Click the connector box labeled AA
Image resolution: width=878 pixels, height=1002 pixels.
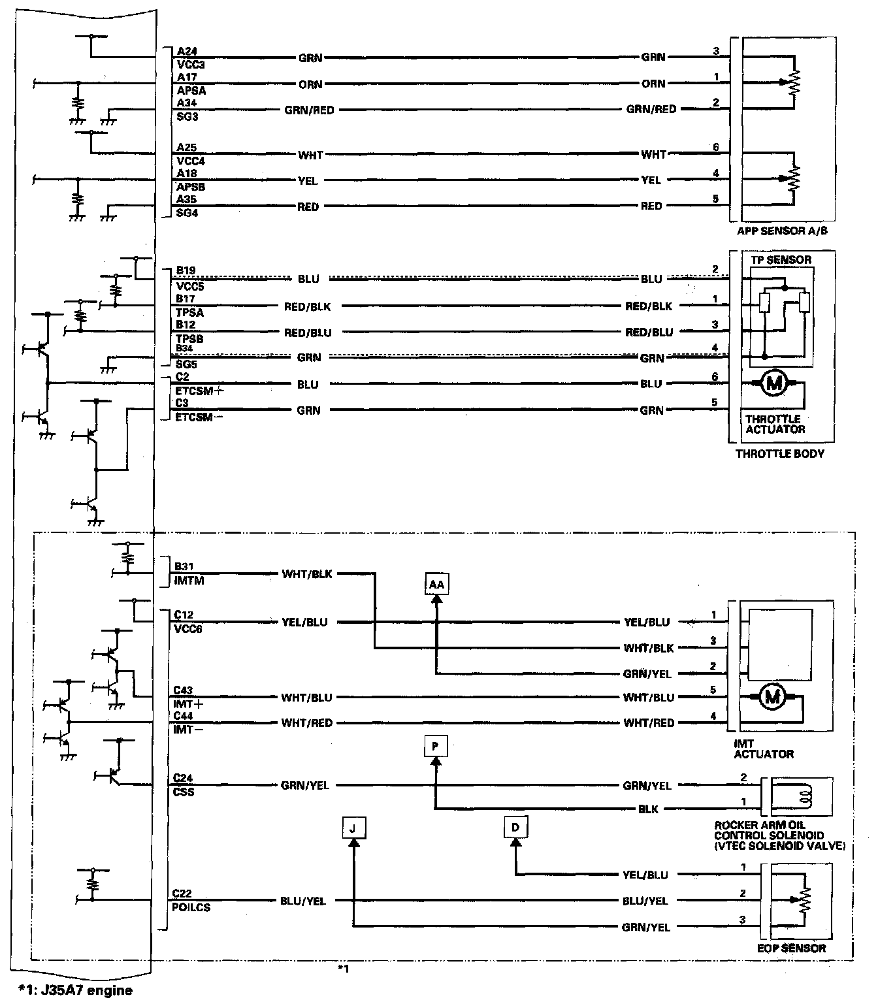[x=436, y=585]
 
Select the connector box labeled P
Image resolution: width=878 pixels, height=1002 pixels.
[x=436, y=745]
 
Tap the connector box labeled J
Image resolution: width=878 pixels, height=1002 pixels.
[x=353, y=828]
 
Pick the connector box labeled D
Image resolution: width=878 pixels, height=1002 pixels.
[x=515, y=828]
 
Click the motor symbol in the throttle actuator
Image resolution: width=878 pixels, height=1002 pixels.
[x=774, y=383]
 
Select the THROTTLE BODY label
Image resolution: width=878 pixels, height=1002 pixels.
[x=779, y=453]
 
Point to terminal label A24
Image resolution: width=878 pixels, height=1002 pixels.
[x=186, y=51]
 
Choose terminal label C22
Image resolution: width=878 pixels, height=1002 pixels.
[x=182, y=894]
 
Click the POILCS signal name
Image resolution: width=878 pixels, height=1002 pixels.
[x=191, y=907]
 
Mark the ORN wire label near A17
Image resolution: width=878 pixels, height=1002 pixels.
[x=310, y=84]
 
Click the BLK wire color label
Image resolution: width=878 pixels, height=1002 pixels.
[x=647, y=809]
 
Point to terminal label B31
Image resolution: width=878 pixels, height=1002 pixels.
[x=184, y=567]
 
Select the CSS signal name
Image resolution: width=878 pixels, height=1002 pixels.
[x=183, y=792]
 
